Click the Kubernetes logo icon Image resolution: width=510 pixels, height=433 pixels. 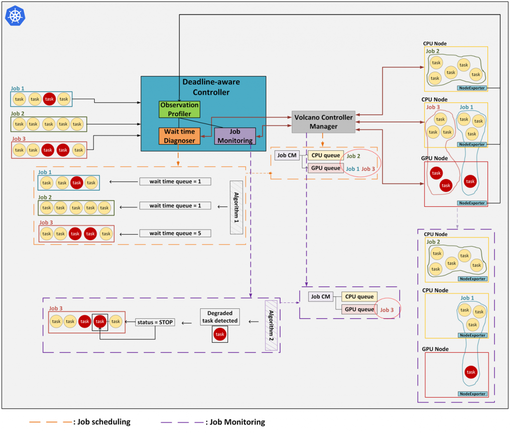click(15, 15)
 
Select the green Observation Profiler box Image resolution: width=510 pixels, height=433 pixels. click(179, 109)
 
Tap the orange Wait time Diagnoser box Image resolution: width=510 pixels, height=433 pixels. click(179, 136)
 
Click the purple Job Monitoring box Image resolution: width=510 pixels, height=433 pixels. click(235, 136)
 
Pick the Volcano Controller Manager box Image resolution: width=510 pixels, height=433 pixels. click(323, 122)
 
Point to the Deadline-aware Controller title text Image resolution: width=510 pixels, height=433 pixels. click(211, 87)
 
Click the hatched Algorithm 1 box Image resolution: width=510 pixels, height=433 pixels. click(237, 208)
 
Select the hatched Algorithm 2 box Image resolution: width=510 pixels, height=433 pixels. click(271, 325)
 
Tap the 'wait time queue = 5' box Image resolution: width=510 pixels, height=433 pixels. click(175, 233)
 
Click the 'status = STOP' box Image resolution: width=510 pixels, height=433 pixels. click(155, 322)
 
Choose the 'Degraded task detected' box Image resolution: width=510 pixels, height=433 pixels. click(220, 317)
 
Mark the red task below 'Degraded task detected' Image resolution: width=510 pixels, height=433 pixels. click(220, 334)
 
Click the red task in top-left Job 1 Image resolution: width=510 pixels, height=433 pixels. click(49, 99)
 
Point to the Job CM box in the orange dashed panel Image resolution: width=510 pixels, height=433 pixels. click(287, 155)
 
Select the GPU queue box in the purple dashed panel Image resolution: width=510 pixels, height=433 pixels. click(360, 309)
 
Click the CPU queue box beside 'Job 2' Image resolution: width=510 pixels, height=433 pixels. click(326, 155)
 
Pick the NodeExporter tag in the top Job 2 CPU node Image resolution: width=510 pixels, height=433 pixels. click(472, 88)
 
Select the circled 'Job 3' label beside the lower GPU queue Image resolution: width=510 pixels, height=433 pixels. click(386, 310)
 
